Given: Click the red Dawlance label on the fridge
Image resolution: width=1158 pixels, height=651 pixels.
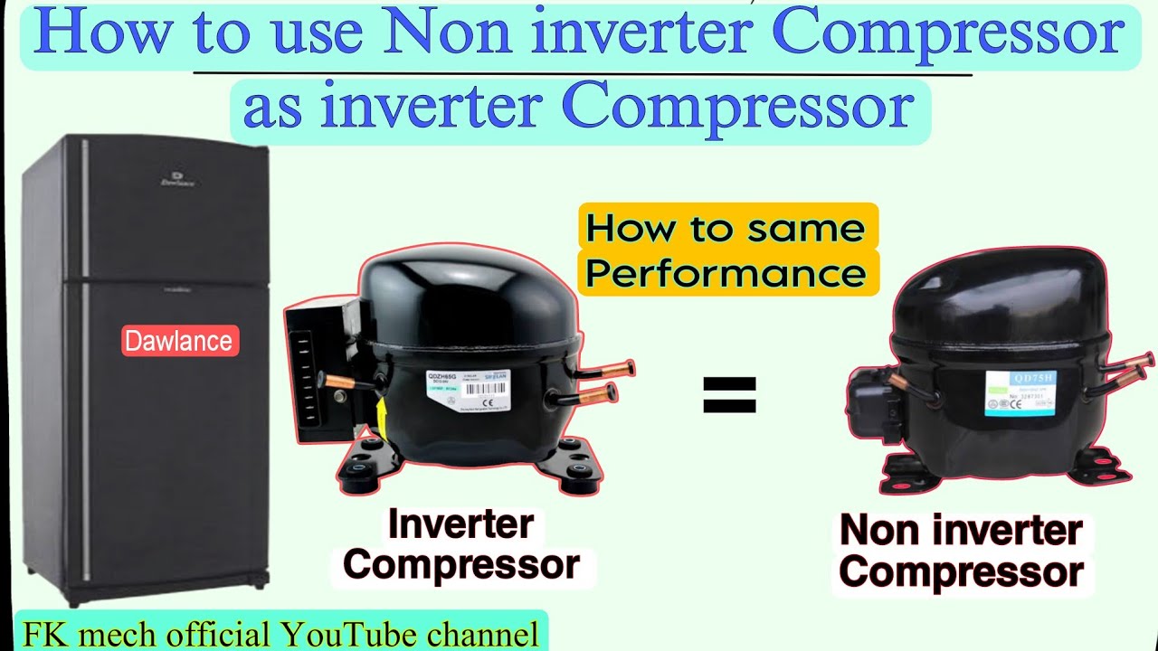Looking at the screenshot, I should point(180,341).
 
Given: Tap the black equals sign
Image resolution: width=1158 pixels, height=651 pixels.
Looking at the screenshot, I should point(729,395).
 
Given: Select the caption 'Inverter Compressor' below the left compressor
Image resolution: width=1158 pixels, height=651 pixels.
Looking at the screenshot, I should point(461,544).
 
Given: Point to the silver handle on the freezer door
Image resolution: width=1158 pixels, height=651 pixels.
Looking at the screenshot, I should point(85,208).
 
